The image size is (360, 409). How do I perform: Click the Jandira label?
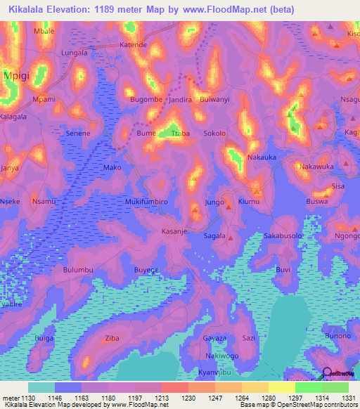179,100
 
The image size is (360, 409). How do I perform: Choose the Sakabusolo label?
283,236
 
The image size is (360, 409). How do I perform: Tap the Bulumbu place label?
78,270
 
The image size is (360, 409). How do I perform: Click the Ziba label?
112,338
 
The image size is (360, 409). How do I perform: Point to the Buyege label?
147,270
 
